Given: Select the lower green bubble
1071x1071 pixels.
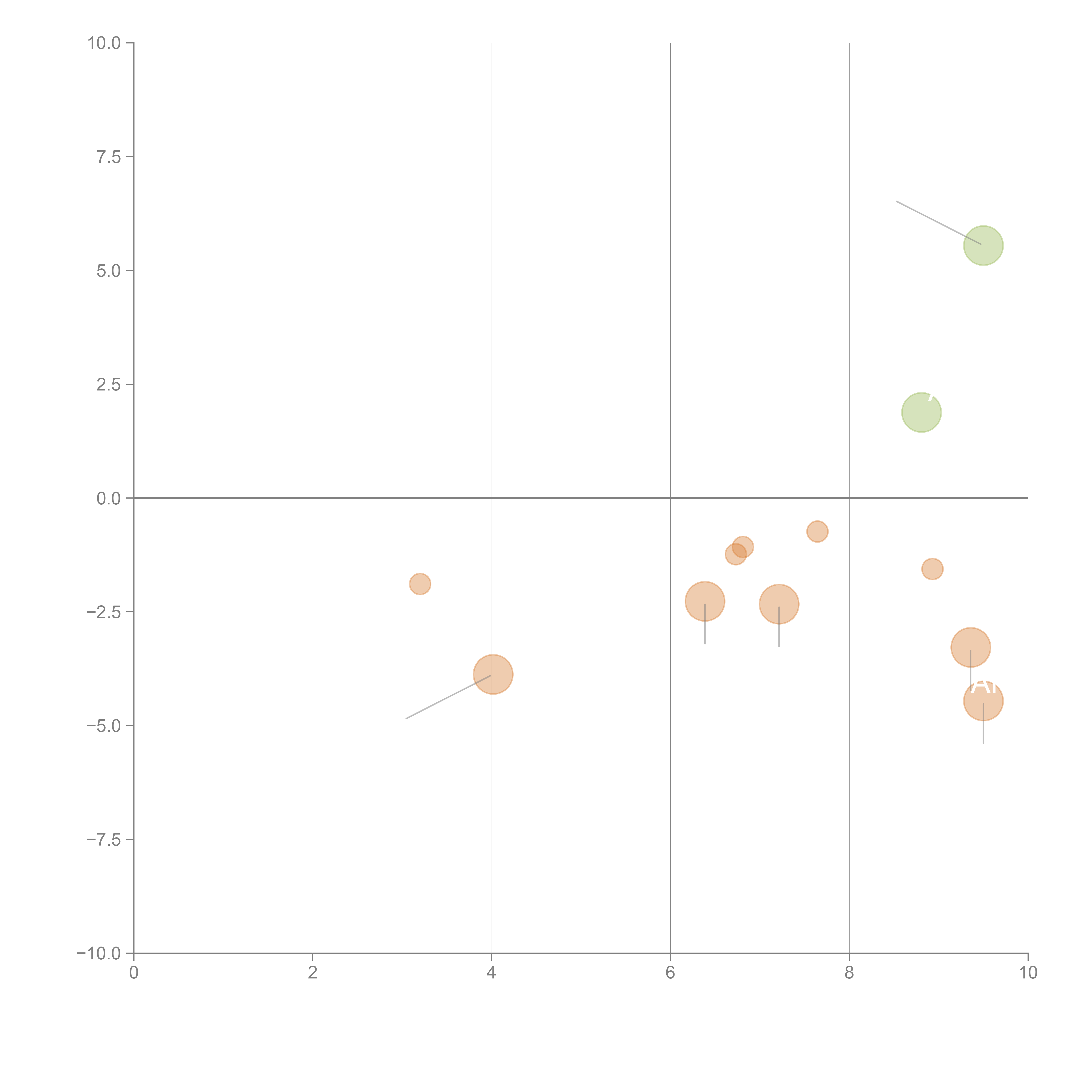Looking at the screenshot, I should pos(921,412).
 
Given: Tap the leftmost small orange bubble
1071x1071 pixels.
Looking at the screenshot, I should pos(420,584).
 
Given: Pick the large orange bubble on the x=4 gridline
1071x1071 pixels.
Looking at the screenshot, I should pos(493,674).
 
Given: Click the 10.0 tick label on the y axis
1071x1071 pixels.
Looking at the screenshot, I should pos(104,43).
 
